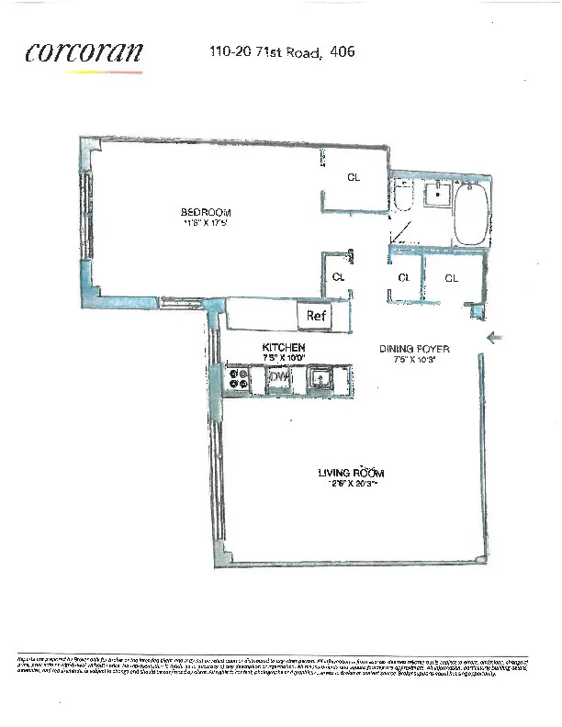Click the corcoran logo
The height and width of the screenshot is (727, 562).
[x=84, y=52]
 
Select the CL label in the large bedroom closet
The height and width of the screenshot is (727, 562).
[x=353, y=177]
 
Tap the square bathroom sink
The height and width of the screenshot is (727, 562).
[x=439, y=195]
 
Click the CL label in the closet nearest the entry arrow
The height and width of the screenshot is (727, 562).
[x=452, y=277]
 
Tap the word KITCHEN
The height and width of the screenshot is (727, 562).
[x=283, y=348]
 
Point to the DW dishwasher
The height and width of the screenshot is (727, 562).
[x=278, y=377]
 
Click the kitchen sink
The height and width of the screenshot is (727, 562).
[x=319, y=377]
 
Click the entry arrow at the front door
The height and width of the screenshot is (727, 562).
[x=494, y=339]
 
